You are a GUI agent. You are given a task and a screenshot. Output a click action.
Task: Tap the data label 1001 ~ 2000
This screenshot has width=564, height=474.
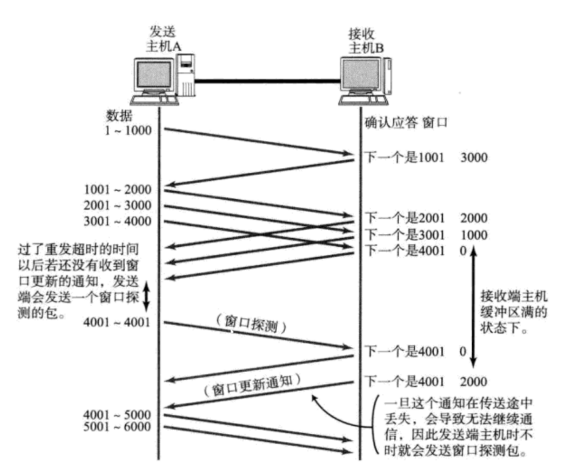tap(118, 190)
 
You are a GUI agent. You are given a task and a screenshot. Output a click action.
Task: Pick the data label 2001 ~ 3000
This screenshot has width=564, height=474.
tap(118, 205)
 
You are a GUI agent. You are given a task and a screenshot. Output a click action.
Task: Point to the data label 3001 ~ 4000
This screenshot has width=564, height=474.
tap(118, 221)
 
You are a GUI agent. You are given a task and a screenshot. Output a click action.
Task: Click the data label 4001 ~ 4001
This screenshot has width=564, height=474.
tap(118, 322)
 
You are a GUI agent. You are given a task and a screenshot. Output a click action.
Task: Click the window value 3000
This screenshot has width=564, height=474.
tap(474, 158)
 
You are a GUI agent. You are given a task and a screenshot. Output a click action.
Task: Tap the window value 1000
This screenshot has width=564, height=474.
tap(474, 235)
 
